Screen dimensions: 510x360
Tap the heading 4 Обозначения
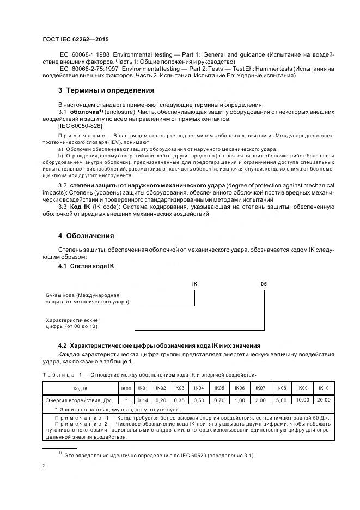point(86,236)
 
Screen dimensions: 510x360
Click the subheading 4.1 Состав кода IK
point(86,266)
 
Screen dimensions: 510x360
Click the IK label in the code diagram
point(195,284)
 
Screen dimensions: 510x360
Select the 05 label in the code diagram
point(264,284)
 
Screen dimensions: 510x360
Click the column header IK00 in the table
point(126,388)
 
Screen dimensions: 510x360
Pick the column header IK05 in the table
point(219,388)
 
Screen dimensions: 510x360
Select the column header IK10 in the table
point(323,388)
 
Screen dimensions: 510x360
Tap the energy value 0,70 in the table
point(219,400)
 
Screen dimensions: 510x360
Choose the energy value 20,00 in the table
point(323,400)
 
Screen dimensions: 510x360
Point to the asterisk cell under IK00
point(126,400)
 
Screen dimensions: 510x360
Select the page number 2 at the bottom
point(44,465)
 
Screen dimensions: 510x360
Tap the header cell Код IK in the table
point(81,388)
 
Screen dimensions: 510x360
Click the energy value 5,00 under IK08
point(280,400)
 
